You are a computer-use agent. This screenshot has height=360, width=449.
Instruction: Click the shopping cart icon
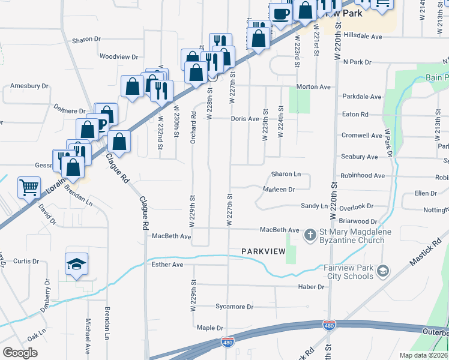pos(29,187)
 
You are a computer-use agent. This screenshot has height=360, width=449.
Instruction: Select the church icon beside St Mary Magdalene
pos(310,235)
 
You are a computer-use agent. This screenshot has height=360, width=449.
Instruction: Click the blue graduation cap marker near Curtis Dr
pos(76,264)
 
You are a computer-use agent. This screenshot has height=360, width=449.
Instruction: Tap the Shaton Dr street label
pos(86,40)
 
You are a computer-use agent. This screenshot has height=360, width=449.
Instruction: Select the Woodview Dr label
pos(119,57)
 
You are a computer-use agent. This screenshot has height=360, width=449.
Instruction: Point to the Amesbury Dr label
pos(29,86)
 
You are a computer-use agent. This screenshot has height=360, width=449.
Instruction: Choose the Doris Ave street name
pos(245,119)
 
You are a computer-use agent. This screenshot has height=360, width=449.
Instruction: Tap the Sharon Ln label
pos(286,174)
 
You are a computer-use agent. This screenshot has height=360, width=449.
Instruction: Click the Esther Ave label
pos(167,264)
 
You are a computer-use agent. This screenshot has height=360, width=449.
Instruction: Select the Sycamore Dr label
pos(235,307)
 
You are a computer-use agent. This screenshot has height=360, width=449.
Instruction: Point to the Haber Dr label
pos(311,287)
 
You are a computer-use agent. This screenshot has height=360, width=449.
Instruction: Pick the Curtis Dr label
pos(26,261)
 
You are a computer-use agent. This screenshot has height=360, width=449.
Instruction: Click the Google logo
pos(20,353)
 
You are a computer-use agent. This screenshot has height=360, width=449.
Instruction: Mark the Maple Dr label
pos(210,328)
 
